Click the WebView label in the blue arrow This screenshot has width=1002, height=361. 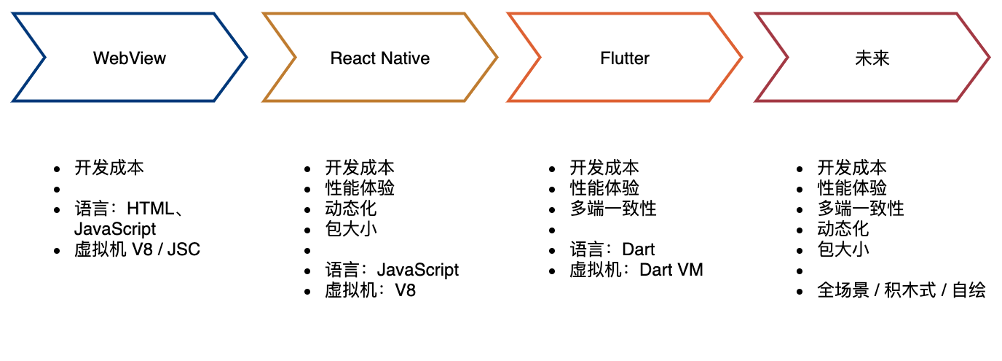point(130,58)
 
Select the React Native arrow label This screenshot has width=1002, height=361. point(380,58)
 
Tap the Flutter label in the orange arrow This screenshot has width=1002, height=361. point(625,58)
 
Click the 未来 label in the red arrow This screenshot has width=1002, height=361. point(872,58)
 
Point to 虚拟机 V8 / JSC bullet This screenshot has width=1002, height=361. point(137,250)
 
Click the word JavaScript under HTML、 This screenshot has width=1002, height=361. point(115,229)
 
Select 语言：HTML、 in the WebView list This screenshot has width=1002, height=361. point(129,209)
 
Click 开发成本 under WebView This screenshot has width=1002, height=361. point(109,168)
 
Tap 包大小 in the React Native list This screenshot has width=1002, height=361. point(351,229)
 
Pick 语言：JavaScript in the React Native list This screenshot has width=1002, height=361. point(392,270)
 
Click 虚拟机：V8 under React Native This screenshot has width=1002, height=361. point(370,290)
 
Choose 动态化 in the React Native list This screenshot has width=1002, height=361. point(351,209)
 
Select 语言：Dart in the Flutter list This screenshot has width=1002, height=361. point(612,249)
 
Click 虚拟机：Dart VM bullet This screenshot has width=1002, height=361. point(636,270)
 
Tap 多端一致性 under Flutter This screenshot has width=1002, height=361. point(613,209)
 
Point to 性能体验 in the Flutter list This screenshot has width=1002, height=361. point(604,188)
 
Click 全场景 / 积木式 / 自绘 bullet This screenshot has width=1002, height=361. point(902,290)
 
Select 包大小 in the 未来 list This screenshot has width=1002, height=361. point(843,249)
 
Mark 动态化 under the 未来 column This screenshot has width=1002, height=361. point(843,229)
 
